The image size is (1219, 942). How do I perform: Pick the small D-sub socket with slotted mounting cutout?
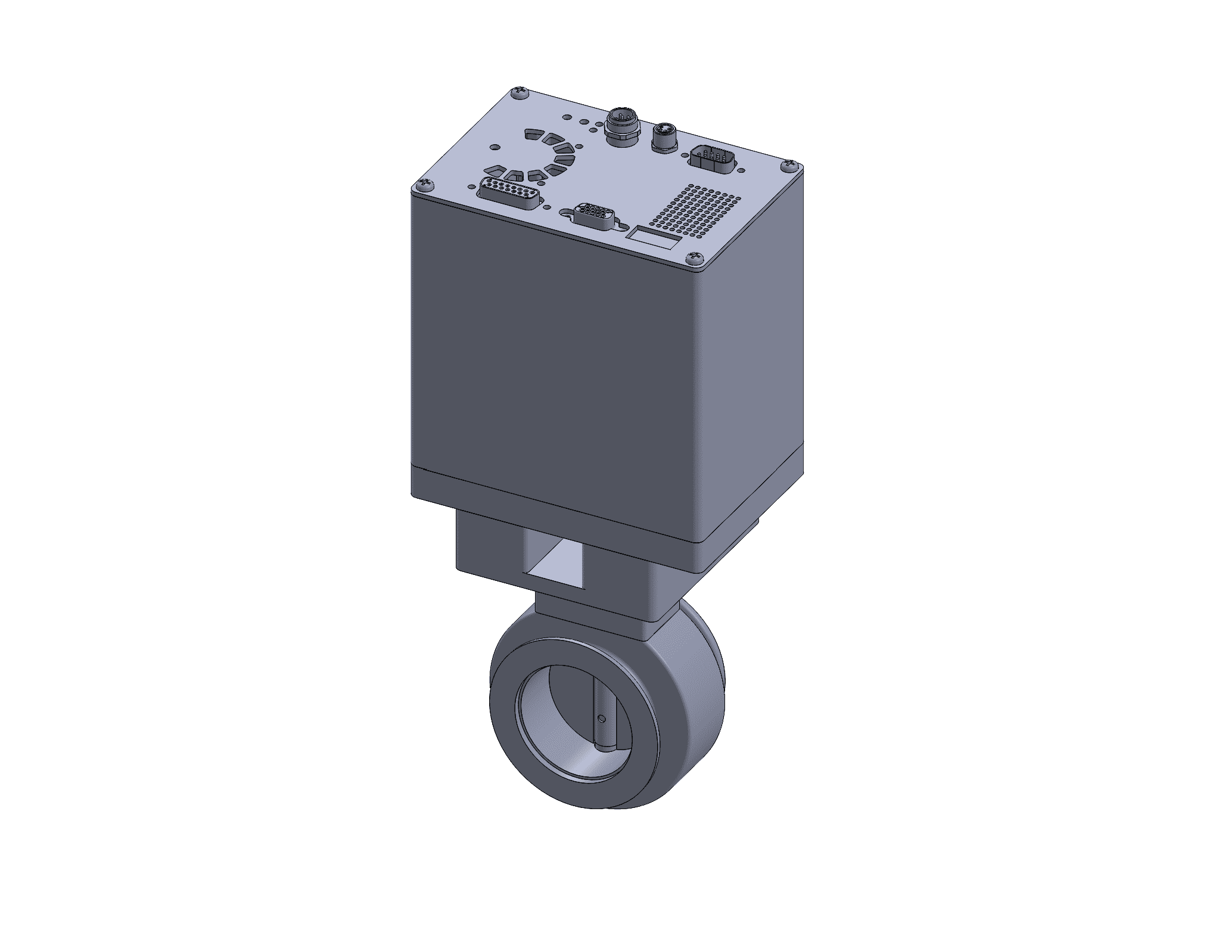pos(592,216)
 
